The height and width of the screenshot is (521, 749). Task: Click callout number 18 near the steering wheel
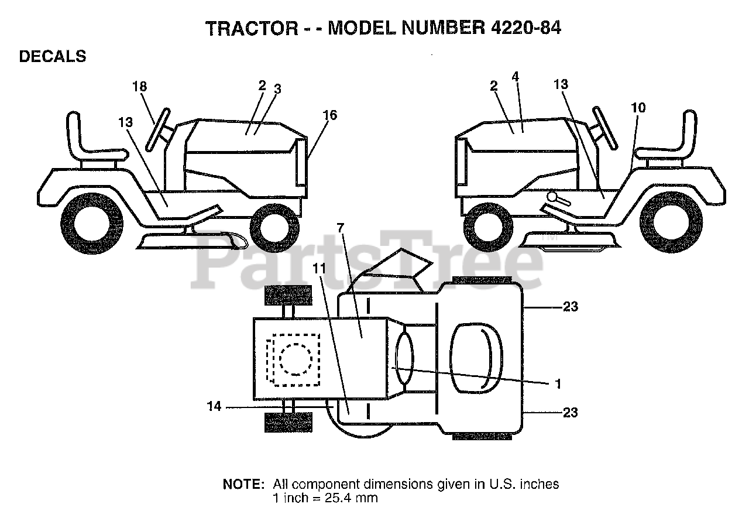[x=139, y=87]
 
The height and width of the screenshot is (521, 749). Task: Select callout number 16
[x=330, y=115]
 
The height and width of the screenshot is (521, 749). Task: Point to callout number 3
[x=278, y=89]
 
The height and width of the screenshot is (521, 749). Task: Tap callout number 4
[x=515, y=77]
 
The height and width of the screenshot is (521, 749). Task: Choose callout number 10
[x=638, y=108]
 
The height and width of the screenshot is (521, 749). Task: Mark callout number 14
[x=215, y=406]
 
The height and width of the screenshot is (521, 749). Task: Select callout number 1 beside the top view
[x=558, y=383]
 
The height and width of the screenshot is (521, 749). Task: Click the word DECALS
[x=53, y=57]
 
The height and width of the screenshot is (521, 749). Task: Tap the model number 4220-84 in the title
[x=522, y=28]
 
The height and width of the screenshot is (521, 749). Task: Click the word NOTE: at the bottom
[x=243, y=485]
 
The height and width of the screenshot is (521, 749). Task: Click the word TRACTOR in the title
[x=252, y=28]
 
